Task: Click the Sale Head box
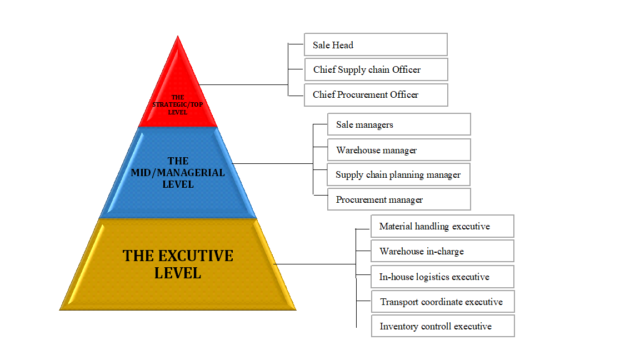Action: [376, 44]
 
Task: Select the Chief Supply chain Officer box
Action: [376, 69]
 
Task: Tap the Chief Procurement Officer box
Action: [376, 94]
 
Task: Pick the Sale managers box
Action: [399, 124]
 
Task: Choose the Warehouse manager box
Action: [399, 150]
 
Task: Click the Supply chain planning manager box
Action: [398, 174]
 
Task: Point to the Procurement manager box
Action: [399, 199]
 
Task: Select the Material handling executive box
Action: [442, 226]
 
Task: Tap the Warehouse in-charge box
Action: [442, 251]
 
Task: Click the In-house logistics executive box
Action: [442, 277]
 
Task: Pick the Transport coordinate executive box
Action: [443, 302]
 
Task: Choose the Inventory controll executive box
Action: [443, 326]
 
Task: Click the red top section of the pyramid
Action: [178, 94]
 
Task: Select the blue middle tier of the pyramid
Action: [178, 173]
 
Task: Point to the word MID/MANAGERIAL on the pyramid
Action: [178, 173]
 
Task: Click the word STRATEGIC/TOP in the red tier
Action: [178, 104]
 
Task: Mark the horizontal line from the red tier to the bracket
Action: [244, 85]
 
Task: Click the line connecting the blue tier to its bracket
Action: [273, 164]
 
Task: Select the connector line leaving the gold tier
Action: [314, 264]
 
